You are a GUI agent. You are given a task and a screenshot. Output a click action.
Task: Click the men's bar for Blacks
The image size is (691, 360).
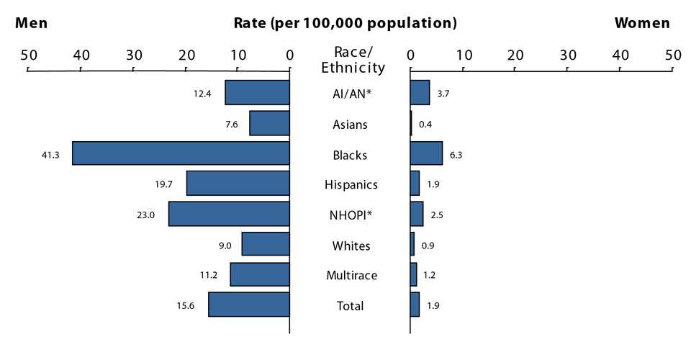[181, 153]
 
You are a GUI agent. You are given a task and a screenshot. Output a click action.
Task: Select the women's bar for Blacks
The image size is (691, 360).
[426, 153]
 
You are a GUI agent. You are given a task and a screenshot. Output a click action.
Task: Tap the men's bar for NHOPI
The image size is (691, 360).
[229, 214]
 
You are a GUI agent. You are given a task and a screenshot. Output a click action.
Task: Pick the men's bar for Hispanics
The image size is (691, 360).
[238, 184]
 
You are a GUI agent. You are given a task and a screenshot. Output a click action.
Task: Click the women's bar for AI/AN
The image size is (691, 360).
[420, 93]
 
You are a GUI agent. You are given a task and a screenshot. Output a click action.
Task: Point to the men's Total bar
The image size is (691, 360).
[249, 305]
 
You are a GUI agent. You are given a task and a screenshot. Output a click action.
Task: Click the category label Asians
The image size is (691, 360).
[351, 125]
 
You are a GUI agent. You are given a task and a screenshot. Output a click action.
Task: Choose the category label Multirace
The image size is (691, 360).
[351, 275]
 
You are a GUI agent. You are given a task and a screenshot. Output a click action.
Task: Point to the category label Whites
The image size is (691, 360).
[351, 246]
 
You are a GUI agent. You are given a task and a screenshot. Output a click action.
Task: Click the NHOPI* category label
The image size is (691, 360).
[351, 215]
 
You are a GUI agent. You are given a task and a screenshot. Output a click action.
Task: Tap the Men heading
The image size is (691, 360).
[32, 23]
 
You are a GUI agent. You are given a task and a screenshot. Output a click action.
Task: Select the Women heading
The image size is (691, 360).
[641, 23]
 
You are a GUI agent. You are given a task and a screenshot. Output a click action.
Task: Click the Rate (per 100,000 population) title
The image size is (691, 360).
[345, 23]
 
